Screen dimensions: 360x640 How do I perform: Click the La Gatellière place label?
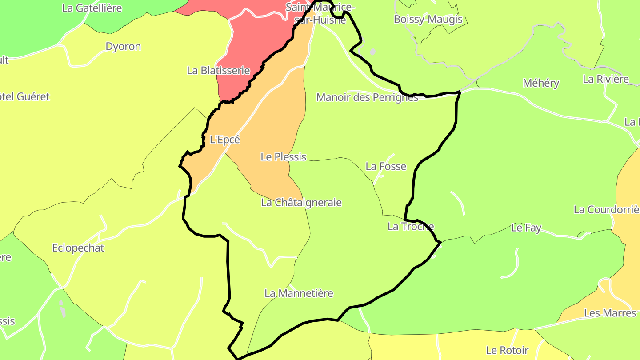(92, 8)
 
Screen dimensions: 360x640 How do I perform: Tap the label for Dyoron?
(123, 47)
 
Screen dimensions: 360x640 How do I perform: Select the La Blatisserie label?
(218, 70)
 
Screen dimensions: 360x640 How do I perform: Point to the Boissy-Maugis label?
(428, 20)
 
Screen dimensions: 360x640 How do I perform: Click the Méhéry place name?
(541, 83)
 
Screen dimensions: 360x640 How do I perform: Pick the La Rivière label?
(606, 79)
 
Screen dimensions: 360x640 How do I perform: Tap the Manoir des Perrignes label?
(367, 97)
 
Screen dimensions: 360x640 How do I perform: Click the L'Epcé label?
(224, 140)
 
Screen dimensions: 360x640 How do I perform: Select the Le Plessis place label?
(284, 157)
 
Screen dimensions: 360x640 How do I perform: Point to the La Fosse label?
(386, 166)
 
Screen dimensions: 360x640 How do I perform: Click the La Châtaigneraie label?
(301, 203)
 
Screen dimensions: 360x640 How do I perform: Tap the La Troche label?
(411, 226)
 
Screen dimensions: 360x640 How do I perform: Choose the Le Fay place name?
(526, 228)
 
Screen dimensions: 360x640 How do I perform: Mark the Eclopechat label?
(78, 248)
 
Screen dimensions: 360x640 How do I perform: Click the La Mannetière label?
(299, 293)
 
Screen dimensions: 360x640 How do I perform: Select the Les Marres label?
(610, 313)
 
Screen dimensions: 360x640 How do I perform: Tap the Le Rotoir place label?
(507, 350)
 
